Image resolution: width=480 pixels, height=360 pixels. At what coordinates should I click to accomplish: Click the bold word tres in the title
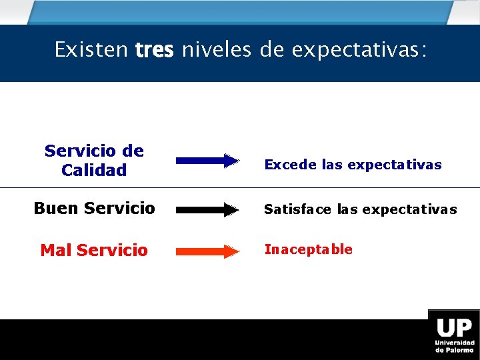tap(154, 50)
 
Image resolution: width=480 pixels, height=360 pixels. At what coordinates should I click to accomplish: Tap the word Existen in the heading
tap(91, 50)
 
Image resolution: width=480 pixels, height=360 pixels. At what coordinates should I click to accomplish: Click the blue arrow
tap(207, 160)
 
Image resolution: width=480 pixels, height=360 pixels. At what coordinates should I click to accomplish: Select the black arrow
tap(207, 210)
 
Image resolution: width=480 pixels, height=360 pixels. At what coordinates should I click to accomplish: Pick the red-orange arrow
tap(207, 251)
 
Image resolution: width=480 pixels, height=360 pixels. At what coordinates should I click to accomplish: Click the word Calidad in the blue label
tap(94, 171)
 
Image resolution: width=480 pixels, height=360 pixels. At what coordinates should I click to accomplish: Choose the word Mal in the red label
tap(56, 251)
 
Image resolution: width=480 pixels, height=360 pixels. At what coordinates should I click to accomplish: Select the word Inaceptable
tap(309, 249)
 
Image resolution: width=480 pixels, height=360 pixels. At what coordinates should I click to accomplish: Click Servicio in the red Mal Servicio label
tap(112, 251)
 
